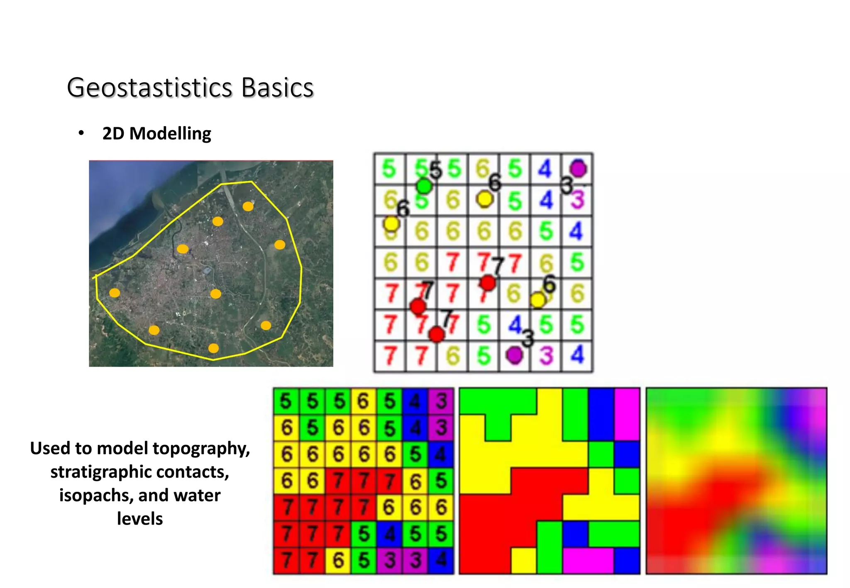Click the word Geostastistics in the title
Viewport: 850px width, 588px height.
tap(150, 88)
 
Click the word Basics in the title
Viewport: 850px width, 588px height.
tap(277, 88)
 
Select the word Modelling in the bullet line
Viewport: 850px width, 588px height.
tap(170, 134)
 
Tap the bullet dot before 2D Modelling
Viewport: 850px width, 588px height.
tap(81, 133)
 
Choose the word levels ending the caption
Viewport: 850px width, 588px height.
tap(140, 519)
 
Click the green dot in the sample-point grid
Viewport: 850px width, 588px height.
tap(424, 186)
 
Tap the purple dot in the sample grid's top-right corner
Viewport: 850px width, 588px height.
tap(578, 169)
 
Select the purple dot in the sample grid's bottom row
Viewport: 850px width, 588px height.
tap(515, 355)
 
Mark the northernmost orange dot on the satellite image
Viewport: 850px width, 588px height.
tap(248, 206)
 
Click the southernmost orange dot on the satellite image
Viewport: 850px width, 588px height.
tap(213, 348)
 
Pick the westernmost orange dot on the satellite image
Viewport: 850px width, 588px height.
tap(115, 293)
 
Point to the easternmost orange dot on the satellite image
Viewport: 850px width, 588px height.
tap(280, 245)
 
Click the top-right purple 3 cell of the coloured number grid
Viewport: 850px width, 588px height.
tap(441, 401)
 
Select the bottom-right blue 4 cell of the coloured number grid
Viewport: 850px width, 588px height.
tap(441, 561)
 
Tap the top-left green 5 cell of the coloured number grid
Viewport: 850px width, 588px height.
tap(286, 401)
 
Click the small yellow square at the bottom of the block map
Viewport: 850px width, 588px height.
tap(523, 561)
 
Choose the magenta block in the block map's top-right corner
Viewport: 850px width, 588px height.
tap(627, 414)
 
